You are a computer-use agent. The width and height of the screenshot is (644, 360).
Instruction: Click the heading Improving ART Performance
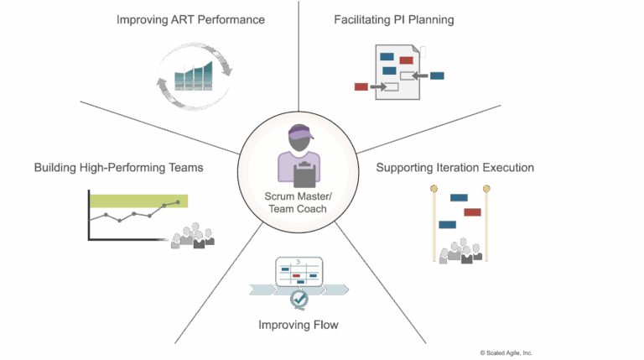click(190, 19)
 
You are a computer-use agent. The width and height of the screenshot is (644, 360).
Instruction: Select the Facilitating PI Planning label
click(393, 19)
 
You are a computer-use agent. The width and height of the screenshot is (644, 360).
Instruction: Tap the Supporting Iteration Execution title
click(455, 168)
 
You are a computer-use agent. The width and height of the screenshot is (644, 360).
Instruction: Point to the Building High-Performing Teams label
click(118, 168)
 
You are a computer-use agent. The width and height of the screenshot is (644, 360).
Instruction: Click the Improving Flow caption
click(299, 325)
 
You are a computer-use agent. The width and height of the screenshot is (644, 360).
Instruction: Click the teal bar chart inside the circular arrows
click(192, 76)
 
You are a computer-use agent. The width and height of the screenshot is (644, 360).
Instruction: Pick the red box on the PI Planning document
click(407, 60)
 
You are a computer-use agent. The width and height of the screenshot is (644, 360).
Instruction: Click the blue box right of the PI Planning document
click(437, 76)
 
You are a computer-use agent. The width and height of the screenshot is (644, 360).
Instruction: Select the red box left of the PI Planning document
click(361, 86)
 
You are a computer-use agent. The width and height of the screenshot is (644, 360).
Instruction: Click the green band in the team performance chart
click(138, 201)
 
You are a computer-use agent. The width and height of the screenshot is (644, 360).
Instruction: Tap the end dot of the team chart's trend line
click(177, 202)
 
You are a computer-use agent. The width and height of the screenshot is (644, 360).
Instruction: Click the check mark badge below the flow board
click(299, 298)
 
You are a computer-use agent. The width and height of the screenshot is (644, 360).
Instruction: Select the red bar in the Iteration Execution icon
click(473, 212)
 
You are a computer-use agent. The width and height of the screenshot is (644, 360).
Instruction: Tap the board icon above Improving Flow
click(299, 271)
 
